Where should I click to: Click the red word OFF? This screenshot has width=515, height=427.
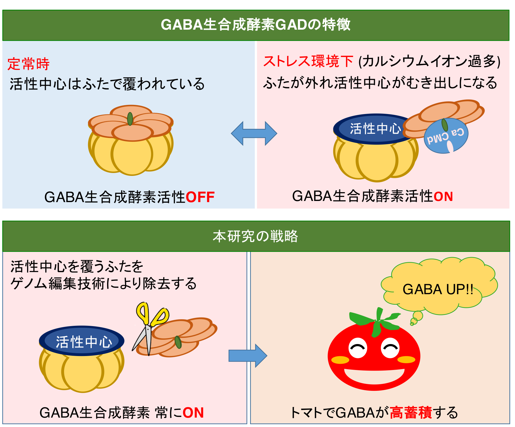(200, 197)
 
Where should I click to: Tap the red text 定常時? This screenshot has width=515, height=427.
(28, 64)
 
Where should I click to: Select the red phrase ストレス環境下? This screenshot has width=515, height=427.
(308, 61)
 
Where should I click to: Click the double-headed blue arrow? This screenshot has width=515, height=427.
(254, 133)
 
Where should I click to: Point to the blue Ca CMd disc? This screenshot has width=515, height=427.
(446, 136)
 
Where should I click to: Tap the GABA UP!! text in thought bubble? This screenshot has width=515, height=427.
(438, 289)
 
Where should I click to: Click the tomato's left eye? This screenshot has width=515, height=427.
(358, 348)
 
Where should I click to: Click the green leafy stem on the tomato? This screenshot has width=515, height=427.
(377, 321)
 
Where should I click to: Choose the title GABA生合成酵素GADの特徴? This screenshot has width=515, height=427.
(256, 25)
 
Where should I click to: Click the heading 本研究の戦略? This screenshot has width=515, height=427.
(255, 236)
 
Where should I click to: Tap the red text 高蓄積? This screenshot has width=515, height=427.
(411, 412)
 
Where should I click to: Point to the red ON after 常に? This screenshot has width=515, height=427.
(193, 412)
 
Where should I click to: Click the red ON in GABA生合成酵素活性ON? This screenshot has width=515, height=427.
(443, 197)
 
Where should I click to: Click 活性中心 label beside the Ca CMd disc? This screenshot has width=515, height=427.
(375, 129)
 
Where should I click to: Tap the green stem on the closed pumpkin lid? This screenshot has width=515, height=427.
(130, 119)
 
